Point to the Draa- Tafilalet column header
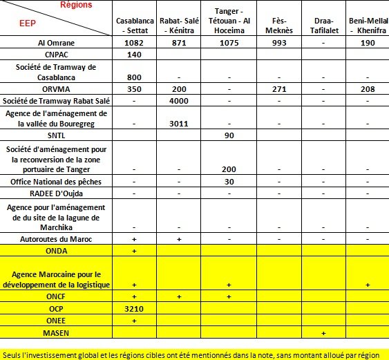(x=323, y=26)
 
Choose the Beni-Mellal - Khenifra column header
(x=367, y=26)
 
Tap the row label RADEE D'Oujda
(x=55, y=193)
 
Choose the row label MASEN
(x=55, y=332)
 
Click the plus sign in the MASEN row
(x=323, y=333)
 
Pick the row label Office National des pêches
(x=55, y=181)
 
